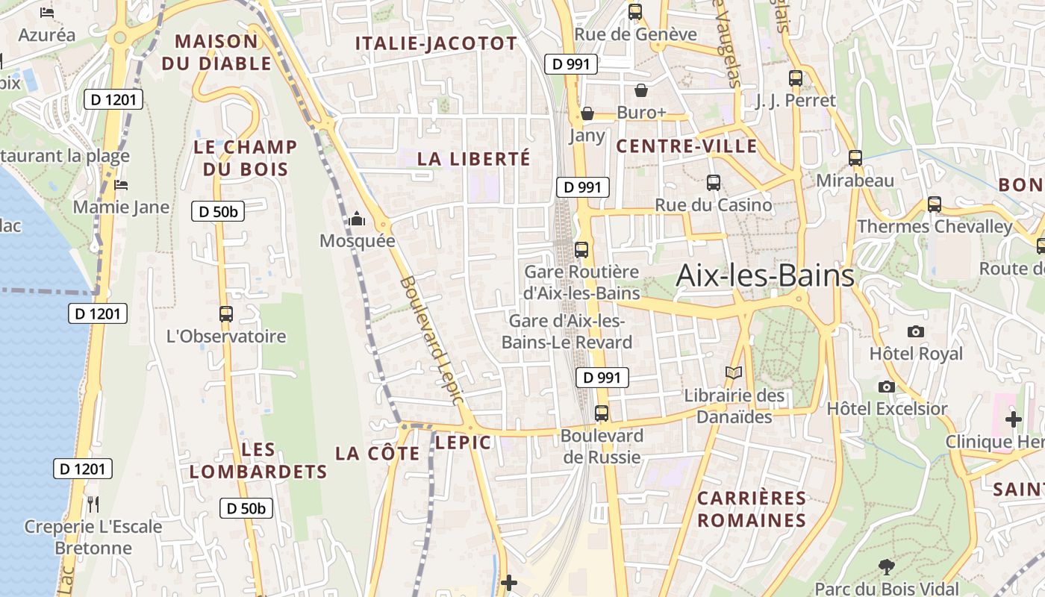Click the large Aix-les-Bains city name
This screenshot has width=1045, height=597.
pos(764,276)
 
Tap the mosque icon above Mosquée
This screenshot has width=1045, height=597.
pos(357,219)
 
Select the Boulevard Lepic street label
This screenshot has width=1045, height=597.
pos(432,341)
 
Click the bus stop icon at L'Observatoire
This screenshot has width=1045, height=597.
pos(226,314)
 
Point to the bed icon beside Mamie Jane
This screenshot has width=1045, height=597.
pos(121,184)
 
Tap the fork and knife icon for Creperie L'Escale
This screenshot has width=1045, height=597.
pos(93,504)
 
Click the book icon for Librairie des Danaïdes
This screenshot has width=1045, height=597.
pos(734,372)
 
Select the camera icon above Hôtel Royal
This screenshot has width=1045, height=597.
pos(915,331)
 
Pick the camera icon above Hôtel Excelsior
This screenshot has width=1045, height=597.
pos(886,387)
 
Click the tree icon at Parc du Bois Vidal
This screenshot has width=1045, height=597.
pos(886,567)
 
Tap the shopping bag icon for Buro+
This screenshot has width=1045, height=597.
pos(640,91)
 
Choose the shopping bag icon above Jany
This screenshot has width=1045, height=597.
pos(587,113)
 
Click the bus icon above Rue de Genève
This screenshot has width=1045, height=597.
pos(635,12)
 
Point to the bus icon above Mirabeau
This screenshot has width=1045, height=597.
pos(855,158)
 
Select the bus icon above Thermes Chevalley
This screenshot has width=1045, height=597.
pos(934,204)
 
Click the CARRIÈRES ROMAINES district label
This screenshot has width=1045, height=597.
pos(752,509)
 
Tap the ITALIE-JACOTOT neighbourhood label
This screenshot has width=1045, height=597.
pos(436,43)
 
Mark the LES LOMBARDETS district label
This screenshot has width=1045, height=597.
pos(258,460)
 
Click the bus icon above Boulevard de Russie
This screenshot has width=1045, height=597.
pos(602,413)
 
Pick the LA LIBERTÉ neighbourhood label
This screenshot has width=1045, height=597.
pos(473,159)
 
